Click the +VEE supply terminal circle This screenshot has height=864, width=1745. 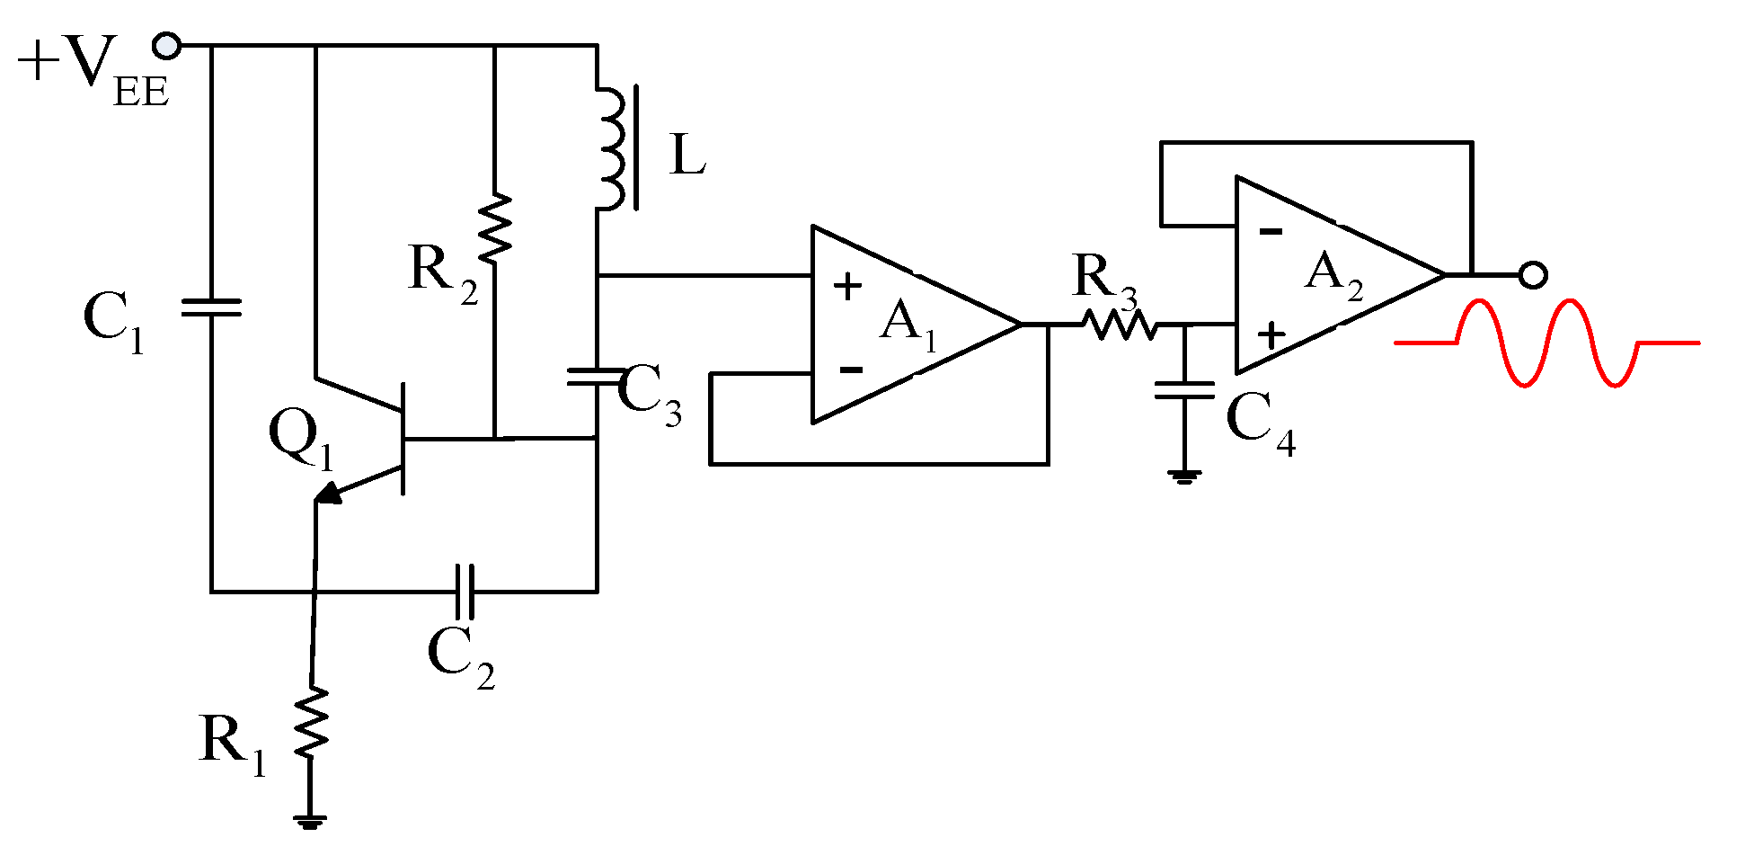167,45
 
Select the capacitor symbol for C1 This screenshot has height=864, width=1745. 211,307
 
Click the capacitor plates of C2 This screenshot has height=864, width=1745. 464,592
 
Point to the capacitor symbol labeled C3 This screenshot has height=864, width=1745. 595,377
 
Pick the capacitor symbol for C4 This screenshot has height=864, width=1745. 1184,389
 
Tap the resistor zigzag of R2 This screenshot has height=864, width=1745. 494,227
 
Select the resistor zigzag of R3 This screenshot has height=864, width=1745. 1119,325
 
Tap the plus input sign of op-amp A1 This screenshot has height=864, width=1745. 847,287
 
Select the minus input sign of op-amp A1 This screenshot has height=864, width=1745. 850,370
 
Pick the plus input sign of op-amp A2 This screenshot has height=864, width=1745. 1271,335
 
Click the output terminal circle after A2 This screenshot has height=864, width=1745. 1532,274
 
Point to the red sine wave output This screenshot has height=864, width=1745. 1546,343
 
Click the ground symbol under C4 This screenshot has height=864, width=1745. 1184,476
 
